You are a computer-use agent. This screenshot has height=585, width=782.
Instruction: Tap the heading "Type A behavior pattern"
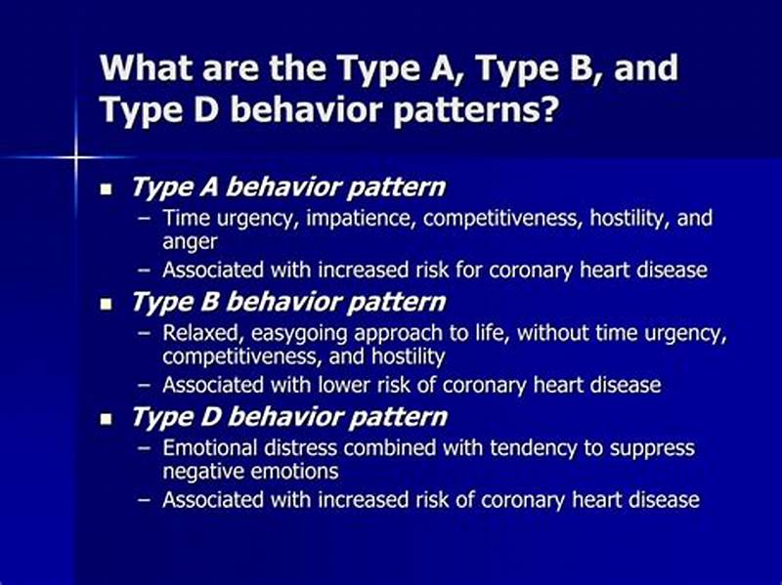pyautogui.click(x=287, y=187)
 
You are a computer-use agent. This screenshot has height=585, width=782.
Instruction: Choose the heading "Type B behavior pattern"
pyautogui.click(x=287, y=302)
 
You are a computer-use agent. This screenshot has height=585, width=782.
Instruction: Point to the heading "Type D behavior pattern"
pyautogui.click(x=287, y=417)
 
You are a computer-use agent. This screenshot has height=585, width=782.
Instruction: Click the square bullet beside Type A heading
pyautogui.click(x=108, y=188)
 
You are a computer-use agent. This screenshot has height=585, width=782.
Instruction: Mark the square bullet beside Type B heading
pyautogui.click(x=108, y=304)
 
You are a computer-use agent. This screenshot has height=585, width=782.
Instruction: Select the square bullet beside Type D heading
pyautogui.click(x=108, y=419)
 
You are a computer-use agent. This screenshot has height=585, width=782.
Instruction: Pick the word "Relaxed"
pyautogui.click(x=197, y=333)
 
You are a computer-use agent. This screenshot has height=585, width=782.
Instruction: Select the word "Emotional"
pyautogui.click(x=205, y=448)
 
